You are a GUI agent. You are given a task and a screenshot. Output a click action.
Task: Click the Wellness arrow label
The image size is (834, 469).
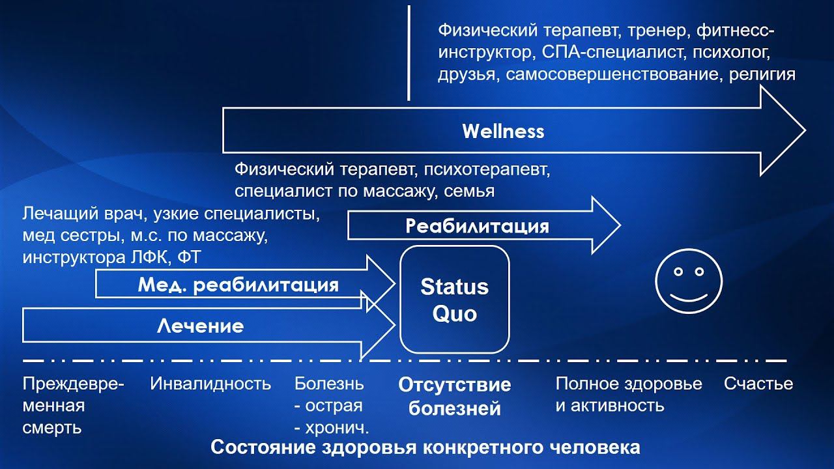[503, 132]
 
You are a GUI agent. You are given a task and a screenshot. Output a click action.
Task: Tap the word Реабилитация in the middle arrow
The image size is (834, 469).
[477, 226]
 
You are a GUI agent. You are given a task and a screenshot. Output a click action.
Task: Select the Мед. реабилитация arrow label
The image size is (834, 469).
[238, 285]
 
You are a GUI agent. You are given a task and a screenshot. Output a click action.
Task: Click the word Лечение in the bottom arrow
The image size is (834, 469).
[200, 326]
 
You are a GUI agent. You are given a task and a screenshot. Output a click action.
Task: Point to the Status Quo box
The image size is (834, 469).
[454, 300]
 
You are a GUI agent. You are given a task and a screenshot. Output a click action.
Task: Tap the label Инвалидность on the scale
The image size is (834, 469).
[210, 384]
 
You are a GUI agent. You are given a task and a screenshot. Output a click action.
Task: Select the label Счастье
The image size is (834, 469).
[758, 384]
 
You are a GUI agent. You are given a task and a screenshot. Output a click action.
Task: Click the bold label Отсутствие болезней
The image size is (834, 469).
[454, 396]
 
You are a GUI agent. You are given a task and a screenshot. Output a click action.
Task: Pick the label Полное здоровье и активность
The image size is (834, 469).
[629, 394]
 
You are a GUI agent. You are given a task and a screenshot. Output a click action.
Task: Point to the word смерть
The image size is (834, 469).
[52, 428]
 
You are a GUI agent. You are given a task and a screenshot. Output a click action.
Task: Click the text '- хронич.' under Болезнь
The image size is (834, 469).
[332, 428]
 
